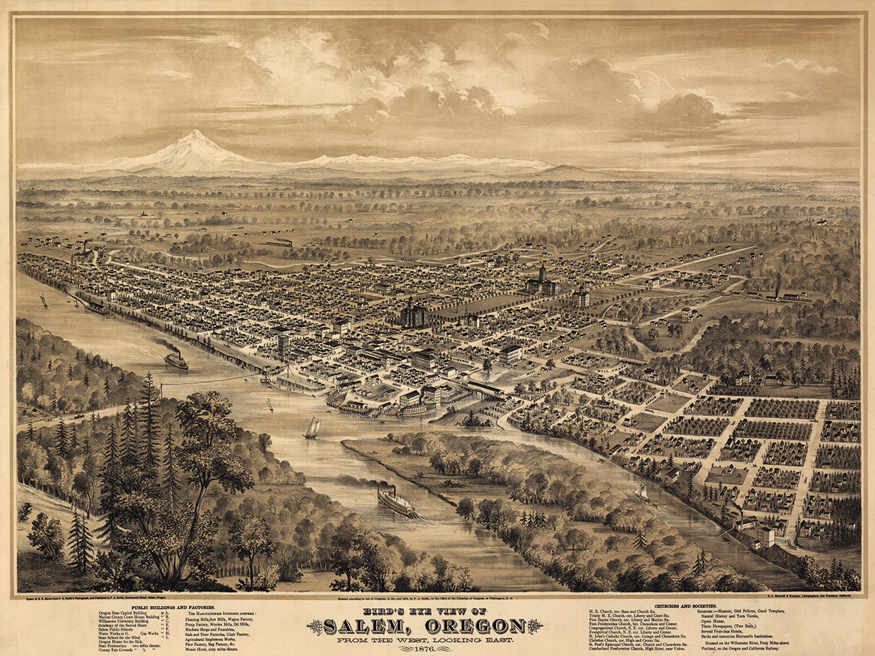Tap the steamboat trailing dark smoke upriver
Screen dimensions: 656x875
tap(176, 360)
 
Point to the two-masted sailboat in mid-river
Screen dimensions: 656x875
tap(311, 428)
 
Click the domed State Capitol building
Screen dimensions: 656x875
tap(541, 281)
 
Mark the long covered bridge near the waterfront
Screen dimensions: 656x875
tap(486, 389)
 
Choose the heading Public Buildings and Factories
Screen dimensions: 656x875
tap(177, 607)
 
